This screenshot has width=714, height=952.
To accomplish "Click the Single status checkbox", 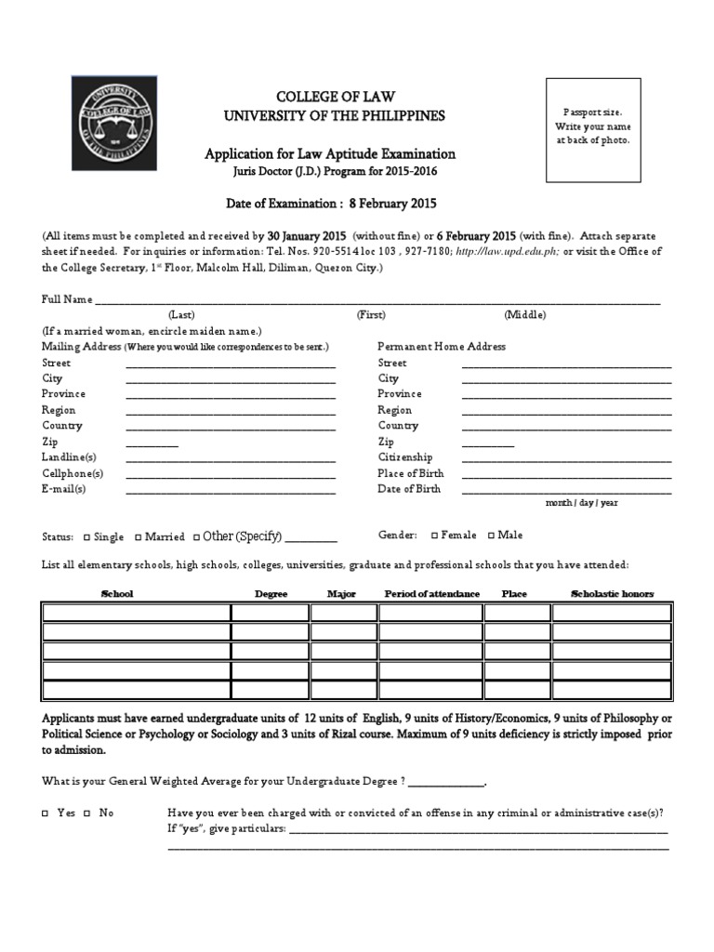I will (x=86, y=537).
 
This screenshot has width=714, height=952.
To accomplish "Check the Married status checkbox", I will (x=138, y=537).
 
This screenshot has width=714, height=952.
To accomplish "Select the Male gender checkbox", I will (x=491, y=535).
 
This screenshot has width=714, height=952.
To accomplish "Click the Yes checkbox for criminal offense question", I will (x=45, y=813).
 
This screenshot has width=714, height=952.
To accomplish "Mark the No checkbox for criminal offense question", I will (x=86, y=813).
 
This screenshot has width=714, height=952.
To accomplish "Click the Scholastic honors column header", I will (x=612, y=594).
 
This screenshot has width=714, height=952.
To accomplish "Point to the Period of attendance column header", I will (x=432, y=594).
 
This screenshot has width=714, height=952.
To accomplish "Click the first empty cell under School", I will (x=136, y=613).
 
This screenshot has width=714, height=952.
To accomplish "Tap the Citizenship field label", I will (x=404, y=457).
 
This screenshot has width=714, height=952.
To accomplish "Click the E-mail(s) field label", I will (x=64, y=489).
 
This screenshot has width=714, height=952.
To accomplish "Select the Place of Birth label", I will (x=410, y=473).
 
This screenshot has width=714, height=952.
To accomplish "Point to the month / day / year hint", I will (x=581, y=503).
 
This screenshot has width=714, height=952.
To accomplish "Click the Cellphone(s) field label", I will (x=73, y=473).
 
